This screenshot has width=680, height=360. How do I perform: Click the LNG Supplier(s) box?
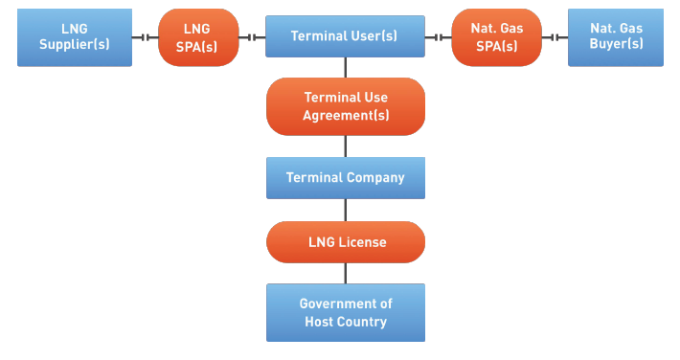(x=75, y=37)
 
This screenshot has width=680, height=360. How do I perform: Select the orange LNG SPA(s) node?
(x=197, y=37)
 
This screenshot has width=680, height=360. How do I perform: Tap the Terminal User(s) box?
(x=345, y=36)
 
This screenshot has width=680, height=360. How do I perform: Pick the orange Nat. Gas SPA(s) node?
(x=495, y=37)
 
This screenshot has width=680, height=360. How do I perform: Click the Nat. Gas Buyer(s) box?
(x=616, y=37)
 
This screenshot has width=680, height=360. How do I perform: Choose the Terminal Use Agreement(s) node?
(x=345, y=106)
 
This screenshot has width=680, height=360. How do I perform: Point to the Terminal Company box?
(x=345, y=178)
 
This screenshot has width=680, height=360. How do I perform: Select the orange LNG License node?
(x=345, y=242)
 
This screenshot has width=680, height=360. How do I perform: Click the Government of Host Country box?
(x=345, y=313)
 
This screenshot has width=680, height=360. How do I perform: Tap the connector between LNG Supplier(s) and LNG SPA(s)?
(x=145, y=37)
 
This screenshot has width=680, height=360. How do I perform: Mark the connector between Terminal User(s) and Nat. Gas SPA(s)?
(x=438, y=37)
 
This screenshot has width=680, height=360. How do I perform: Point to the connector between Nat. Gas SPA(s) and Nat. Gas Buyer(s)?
(x=553, y=37)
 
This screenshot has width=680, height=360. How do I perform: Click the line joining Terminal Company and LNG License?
(x=345, y=211)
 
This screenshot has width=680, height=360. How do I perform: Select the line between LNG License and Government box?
(x=345, y=274)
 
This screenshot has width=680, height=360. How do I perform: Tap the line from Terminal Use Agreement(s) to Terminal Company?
(x=345, y=146)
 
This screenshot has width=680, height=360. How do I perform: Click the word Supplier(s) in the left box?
(x=75, y=46)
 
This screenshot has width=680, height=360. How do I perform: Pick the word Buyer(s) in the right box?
(x=616, y=46)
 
